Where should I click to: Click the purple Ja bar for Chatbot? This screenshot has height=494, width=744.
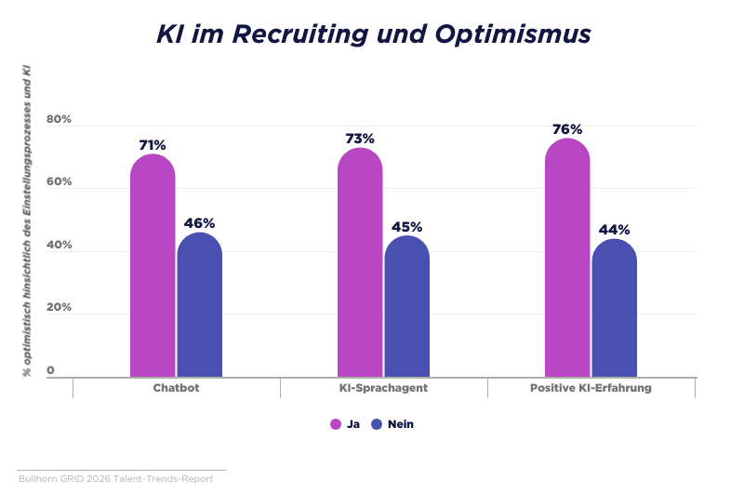(153, 265)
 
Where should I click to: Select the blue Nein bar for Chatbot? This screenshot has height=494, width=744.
(200, 304)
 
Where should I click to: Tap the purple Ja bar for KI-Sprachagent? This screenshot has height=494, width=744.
(360, 262)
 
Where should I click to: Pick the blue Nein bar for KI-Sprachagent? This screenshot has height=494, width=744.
(407, 306)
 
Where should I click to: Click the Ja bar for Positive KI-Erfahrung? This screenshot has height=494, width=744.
(567, 258)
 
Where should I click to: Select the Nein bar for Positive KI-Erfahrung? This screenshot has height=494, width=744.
(615, 308)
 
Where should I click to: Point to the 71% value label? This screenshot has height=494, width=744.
(153, 145)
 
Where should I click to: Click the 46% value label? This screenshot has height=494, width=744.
(199, 223)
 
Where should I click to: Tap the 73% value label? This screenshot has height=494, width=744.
(360, 139)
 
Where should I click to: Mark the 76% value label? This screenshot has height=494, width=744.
(567, 129)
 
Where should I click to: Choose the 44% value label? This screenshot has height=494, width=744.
(614, 230)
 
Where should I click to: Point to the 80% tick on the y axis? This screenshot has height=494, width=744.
(59, 119)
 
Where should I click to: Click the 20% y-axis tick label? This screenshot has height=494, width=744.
(59, 307)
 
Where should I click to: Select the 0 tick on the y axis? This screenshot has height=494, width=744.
(50, 370)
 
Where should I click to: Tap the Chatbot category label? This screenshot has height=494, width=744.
(176, 388)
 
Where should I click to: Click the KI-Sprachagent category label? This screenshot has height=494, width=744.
(383, 388)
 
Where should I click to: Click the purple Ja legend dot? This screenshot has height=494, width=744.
(336, 424)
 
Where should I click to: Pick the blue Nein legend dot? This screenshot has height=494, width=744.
(377, 424)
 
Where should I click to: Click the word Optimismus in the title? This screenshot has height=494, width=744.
(513, 34)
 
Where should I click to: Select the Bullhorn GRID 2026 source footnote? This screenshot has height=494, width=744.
(115, 479)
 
